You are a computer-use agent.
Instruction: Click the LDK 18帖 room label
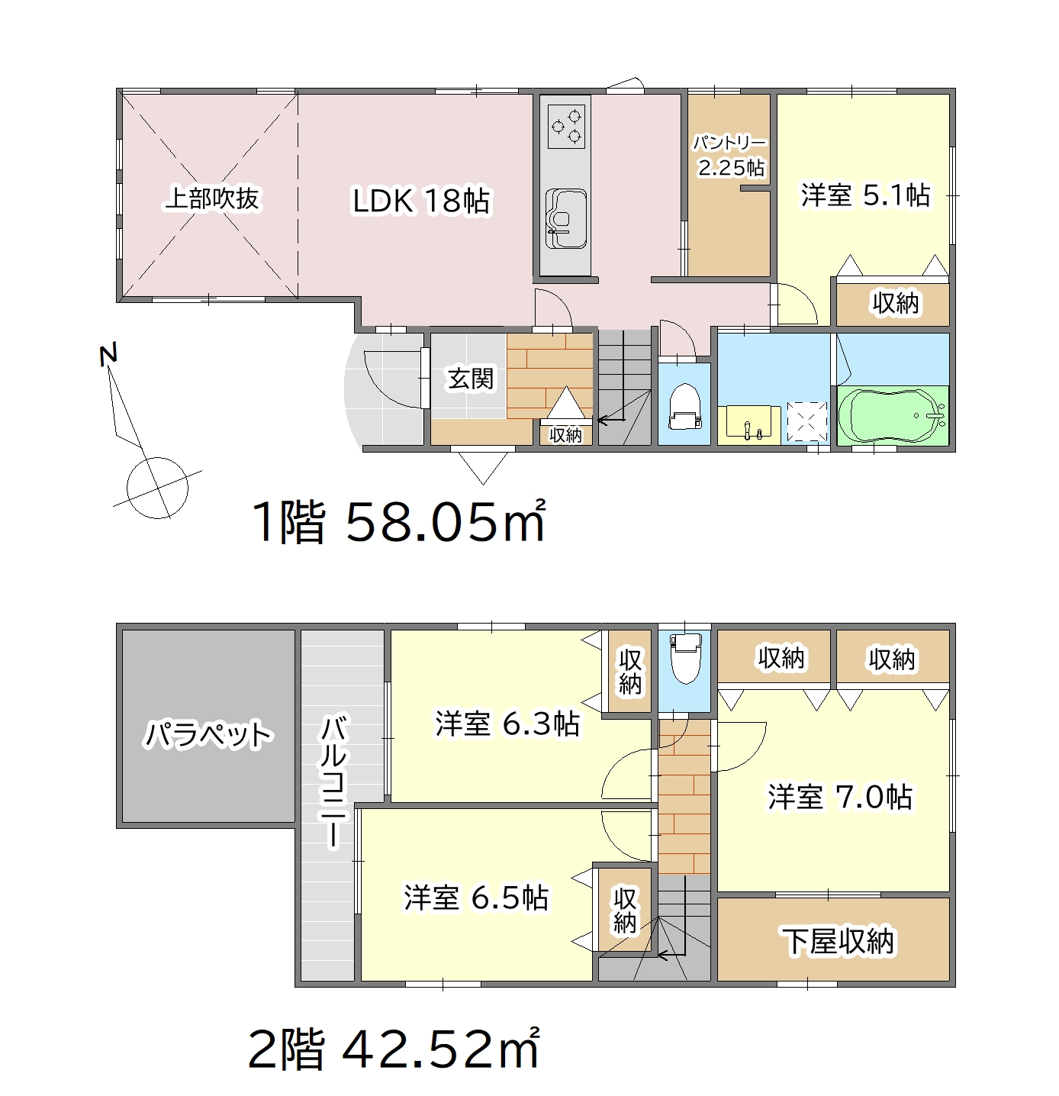click(x=421, y=201)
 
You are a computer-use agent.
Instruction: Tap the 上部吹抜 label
click(x=211, y=198)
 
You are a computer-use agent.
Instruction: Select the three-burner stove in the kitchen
click(x=566, y=127)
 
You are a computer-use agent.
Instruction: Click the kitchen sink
click(x=566, y=218)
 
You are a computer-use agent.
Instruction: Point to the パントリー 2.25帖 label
click(x=729, y=156)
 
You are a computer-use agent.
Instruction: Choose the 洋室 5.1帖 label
click(x=864, y=195)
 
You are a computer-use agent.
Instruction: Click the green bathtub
click(x=893, y=415)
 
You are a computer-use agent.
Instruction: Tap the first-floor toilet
click(x=684, y=405)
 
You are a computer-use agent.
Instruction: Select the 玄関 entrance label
click(x=471, y=378)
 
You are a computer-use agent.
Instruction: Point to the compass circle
click(x=157, y=487)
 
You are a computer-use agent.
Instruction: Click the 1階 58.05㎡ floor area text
click(x=400, y=521)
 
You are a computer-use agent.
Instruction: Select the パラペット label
click(x=208, y=734)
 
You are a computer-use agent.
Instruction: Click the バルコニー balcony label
click(x=334, y=781)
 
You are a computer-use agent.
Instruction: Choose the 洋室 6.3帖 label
click(x=507, y=723)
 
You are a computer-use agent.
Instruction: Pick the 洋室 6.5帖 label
click(x=476, y=898)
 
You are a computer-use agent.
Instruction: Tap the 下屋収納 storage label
click(x=839, y=941)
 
